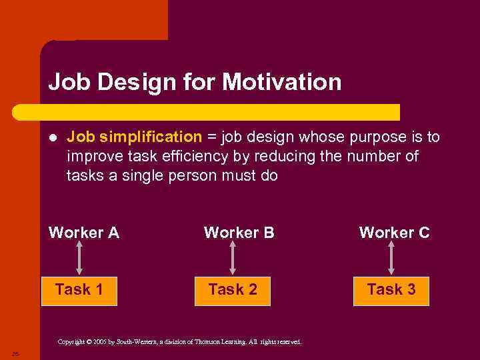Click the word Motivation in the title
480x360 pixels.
tap(281, 83)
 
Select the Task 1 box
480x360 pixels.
tap(79, 290)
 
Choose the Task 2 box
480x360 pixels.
tap(233, 290)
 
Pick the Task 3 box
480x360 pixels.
tap(391, 290)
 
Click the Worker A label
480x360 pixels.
tap(84, 233)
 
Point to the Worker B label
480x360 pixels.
tap(239, 233)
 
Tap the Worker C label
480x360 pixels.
tap(394, 233)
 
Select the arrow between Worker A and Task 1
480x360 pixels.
tap(79, 259)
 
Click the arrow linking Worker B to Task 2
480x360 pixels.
tap(233, 259)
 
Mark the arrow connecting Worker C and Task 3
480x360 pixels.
tap(391, 259)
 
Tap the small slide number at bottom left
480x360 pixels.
tap(15, 353)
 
